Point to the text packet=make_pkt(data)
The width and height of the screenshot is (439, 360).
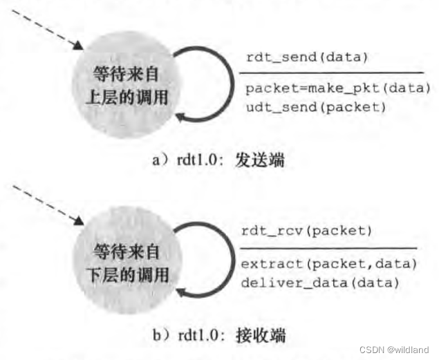point(338,88)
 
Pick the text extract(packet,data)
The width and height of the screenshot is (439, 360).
point(328,264)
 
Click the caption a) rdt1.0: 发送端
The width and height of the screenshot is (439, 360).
point(217,160)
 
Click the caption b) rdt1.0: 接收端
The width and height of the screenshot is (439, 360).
point(218,337)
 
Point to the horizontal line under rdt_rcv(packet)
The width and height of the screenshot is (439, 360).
point(328,248)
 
